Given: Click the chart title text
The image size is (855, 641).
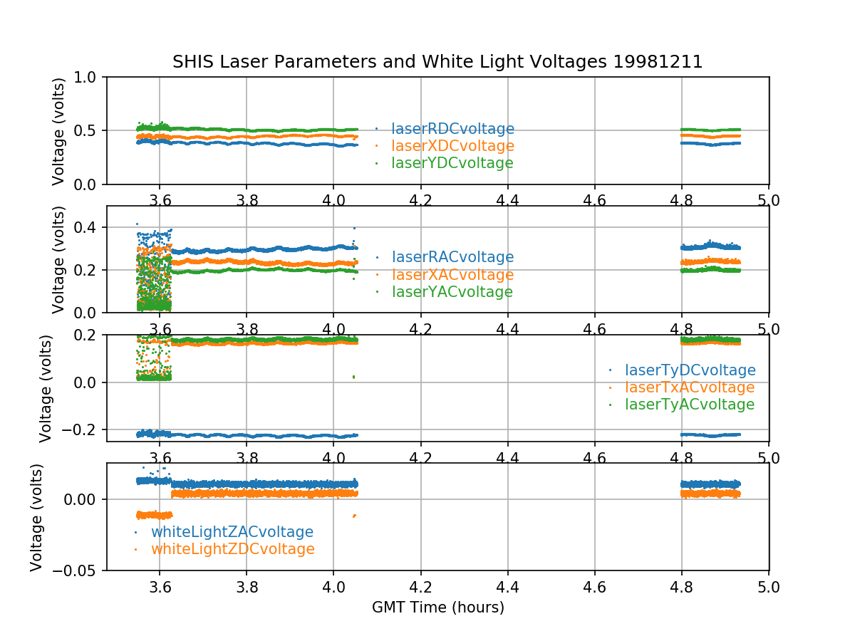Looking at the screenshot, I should [437, 62].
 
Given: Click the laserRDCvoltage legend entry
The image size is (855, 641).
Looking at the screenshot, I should [452, 129].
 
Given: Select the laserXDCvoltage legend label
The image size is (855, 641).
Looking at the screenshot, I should [452, 146].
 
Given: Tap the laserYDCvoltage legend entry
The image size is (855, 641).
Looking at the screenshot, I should [452, 163].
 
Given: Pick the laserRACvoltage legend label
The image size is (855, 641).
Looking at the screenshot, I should [452, 257].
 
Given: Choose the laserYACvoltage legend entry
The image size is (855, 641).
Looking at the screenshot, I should [452, 292].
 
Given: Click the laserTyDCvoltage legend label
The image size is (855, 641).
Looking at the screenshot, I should [690, 370].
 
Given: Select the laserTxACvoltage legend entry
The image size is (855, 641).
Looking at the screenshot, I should [689, 387].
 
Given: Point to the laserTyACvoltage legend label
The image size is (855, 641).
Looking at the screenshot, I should [689, 405].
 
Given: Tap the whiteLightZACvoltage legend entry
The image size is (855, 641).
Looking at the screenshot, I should [232, 532].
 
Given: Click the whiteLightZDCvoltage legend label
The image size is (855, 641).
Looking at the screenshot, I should [232, 549].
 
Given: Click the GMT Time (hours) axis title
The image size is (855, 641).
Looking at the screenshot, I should [437, 608].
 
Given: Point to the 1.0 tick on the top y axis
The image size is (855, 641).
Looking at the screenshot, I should [90, 77].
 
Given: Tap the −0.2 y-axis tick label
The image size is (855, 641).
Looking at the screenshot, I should [85, 429].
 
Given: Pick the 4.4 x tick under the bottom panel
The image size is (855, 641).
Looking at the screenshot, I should [507, 588].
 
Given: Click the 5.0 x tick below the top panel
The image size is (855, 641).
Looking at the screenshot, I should [769, 201].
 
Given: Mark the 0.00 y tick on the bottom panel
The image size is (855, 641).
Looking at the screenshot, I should [84, 499].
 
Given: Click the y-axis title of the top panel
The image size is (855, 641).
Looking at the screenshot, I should [58, 131].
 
